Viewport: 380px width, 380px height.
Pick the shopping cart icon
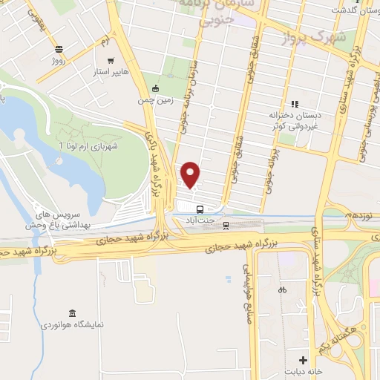coord(110,60)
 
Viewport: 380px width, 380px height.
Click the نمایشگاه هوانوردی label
coord(71,325)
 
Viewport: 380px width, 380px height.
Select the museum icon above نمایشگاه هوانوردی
coord(71,313)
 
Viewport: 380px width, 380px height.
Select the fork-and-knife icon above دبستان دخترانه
coord(295,105)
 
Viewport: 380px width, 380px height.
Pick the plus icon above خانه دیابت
coord(303,360)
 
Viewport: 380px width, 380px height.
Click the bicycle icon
coord(281,290)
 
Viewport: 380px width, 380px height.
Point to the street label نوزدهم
coord(361,215)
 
